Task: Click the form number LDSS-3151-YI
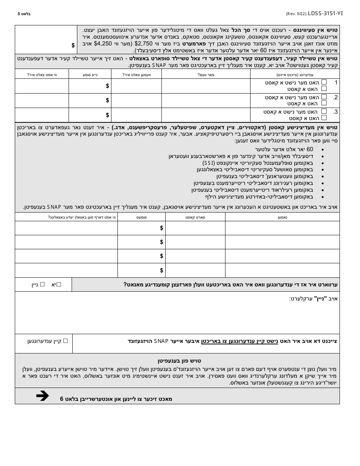326,14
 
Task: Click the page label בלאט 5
24,14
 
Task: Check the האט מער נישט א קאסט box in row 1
324,82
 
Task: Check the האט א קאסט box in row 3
324,118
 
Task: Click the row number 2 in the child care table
335,97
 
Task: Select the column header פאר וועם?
206,75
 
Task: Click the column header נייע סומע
90,75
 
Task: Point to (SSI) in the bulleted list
209,163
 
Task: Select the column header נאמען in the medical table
282,217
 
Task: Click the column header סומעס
142,217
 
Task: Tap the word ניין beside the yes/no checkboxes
35,284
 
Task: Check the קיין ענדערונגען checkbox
65,341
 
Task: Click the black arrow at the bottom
42,396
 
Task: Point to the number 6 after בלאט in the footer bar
62,399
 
